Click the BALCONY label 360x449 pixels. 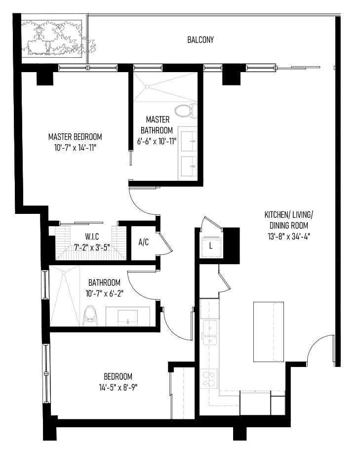coord(200,40)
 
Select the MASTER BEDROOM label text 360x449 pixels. coord(75,137)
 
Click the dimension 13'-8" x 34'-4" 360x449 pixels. coord(289,237)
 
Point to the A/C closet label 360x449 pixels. coord(143,242)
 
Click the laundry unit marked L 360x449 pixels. coord(211,246)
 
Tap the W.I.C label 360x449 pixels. coord(92,237)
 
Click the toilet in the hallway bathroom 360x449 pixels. coord(90,316)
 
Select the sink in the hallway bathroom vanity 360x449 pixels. coord(127,318)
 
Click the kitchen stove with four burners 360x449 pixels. coord(209,378)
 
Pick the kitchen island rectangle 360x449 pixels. coord(269,332)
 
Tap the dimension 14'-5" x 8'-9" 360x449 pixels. coord(118,387)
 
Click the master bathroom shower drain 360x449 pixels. coord(147,86)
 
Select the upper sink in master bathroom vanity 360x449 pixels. coord(189,141)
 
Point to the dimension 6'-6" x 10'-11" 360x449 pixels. coord(157,141)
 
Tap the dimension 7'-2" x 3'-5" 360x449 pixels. coord(92,247)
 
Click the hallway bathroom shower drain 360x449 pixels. coord(64,273)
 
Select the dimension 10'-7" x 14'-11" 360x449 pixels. coord(75,148)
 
